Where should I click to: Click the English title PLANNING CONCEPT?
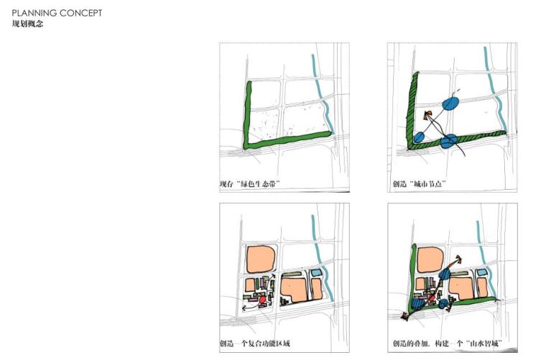[x=57, y=13]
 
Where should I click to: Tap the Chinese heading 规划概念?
[x=27, y=24]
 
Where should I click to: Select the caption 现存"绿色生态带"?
[x=250, y=183]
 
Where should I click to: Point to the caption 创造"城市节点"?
[x=420, y=183]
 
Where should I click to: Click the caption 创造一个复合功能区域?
[x=254, y=343]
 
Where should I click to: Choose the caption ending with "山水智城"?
[x=448, y=343]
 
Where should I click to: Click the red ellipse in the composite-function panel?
[x=263, y=299]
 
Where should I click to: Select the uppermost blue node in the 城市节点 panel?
[x=450, y=103]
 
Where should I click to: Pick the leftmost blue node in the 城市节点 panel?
[x=419, y=137]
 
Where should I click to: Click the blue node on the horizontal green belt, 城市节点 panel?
[x=448, y=141]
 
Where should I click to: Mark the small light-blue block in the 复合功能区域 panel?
[x=316, y=273]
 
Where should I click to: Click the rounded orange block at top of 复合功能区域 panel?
[x=261, y=259]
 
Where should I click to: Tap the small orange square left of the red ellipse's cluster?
[x=250, y=285]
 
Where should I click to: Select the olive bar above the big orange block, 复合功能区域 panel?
[x=292, y=274]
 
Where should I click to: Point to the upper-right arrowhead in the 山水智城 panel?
[x=460, y=259]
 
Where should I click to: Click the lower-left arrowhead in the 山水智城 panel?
[x=404, y=316]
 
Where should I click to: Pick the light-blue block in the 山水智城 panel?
[x=481, y=273]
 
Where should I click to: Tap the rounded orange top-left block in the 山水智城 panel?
[x=431, y=259]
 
